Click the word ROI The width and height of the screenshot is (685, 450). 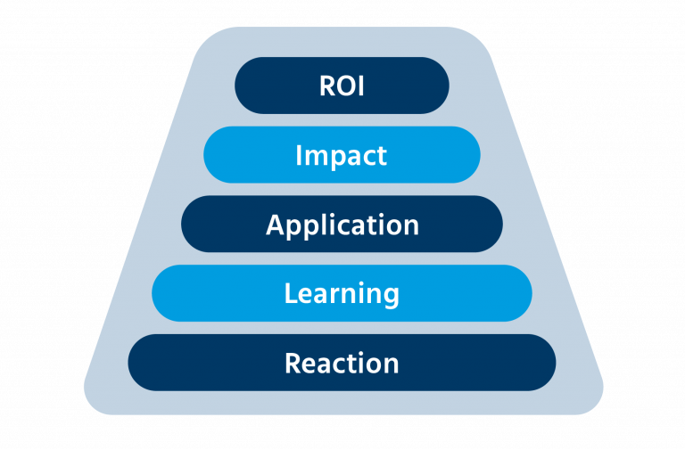(x=342, y=86)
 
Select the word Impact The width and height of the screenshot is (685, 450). (x=342, y=155)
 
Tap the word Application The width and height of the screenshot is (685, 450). (x=342, y=225)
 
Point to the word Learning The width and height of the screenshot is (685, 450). (x=342, y=293)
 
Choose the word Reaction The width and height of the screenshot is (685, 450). (x=342, y=363)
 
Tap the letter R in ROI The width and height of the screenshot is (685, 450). (x=326, y=86)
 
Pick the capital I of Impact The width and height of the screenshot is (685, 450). (x=299, y=155)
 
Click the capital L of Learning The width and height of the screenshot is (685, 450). (x=290, y=293)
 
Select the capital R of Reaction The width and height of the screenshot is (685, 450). (x=292, y=363)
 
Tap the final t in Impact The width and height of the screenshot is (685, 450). (x=382, y=156)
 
